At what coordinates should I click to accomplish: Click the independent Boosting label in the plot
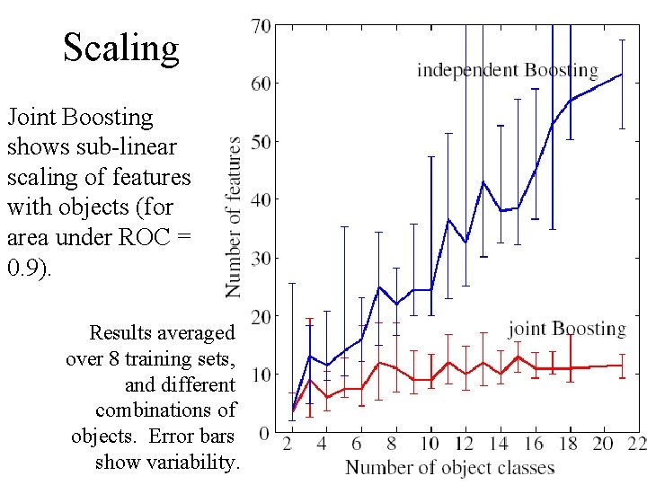tap(507, 70)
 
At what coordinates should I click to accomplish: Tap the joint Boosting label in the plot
tap(566, 329)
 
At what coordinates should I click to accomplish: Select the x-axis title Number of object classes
tap(449, 467)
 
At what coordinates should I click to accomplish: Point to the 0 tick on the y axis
tap(264, 433)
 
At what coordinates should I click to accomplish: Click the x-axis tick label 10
tap(429, 445)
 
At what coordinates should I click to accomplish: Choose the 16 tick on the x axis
tap(534, 445)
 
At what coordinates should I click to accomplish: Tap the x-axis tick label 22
tap(636, 445)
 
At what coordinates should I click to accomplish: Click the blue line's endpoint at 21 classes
tap(622, 75)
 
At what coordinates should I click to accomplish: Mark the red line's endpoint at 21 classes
tap(622, 366)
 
